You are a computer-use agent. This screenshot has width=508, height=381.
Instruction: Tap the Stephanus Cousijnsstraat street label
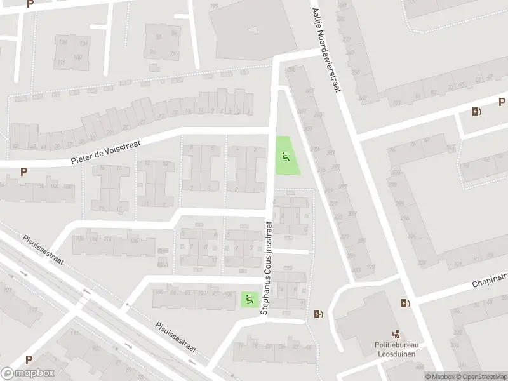[x=266, y=267]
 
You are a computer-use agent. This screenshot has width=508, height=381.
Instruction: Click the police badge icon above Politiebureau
[x=396, y=333]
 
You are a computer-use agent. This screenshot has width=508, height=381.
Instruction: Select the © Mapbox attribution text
[x=441, y=377]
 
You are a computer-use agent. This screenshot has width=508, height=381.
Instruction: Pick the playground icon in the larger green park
[x=285, y=157]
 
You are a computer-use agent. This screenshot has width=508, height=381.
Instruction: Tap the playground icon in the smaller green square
[x=247, y=298]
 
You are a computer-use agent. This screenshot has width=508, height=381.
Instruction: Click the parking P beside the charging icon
[x=502, y=102]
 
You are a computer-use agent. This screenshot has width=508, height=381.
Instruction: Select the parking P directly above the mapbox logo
[x=29, y=359]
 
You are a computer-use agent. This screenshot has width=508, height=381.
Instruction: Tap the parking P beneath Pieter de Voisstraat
[x=24, y=171]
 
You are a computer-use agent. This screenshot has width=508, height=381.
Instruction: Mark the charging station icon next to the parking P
[x=476, y=112]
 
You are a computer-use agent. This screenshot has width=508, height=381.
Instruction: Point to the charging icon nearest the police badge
[x=405, y=304]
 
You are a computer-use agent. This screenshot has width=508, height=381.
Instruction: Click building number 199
[x=214, y=6]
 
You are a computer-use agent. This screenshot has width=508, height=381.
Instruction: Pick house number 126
[x=62, y=43]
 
